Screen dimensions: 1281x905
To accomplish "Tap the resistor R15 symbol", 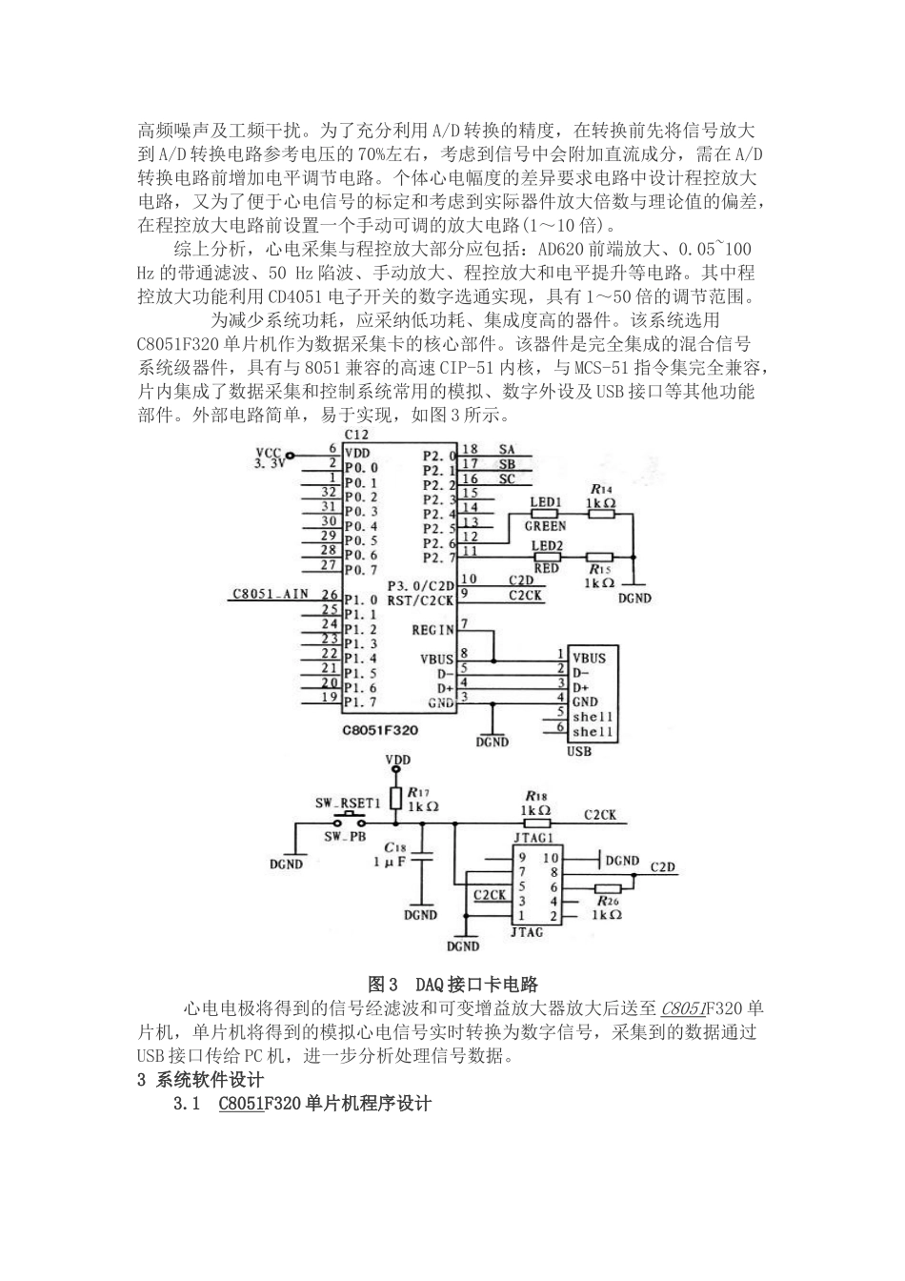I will point(599,558).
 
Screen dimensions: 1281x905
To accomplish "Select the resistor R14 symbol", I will point(600,514).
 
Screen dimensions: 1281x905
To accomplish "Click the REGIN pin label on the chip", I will point(432,630).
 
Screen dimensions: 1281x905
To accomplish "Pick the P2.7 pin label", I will point(438,558).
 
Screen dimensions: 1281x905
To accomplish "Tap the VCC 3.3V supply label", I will point(271,458).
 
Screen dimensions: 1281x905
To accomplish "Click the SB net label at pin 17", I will point(506,465).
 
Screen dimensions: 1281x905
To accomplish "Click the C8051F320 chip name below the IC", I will point(380,729).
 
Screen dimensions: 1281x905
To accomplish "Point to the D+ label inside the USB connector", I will point(579,686).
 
